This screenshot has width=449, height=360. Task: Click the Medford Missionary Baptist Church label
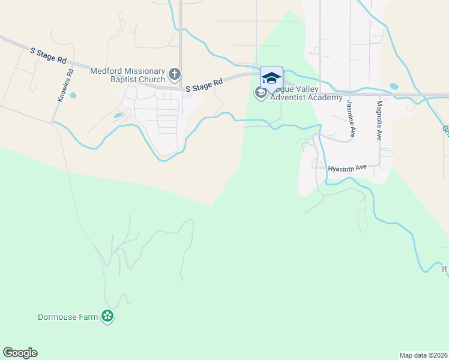click(x=128, y=75)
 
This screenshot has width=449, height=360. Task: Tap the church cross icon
click(x=175, y=74)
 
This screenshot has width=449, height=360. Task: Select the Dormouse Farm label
click(x=67, y=317)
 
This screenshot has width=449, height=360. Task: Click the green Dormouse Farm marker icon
click(x=107, y=316)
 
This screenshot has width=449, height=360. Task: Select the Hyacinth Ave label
click(x=347, y=169)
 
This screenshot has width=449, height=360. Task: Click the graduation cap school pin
click(x=271, y=78)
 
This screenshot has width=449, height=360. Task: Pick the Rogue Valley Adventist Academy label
click(x=306, y=94)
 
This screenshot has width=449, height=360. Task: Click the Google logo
click(x=20, y=353)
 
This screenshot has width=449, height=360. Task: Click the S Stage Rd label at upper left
click(x=48, y=56)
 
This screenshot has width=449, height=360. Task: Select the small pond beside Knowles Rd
click(x=73, y=95)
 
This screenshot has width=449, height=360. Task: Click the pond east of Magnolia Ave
click(x=394, y=86)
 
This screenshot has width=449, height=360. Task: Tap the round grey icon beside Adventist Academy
click(x=261, y=92)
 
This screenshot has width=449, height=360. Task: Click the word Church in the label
click(x=149, y=79)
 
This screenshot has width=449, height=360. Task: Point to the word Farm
click(x=88, y=317)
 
